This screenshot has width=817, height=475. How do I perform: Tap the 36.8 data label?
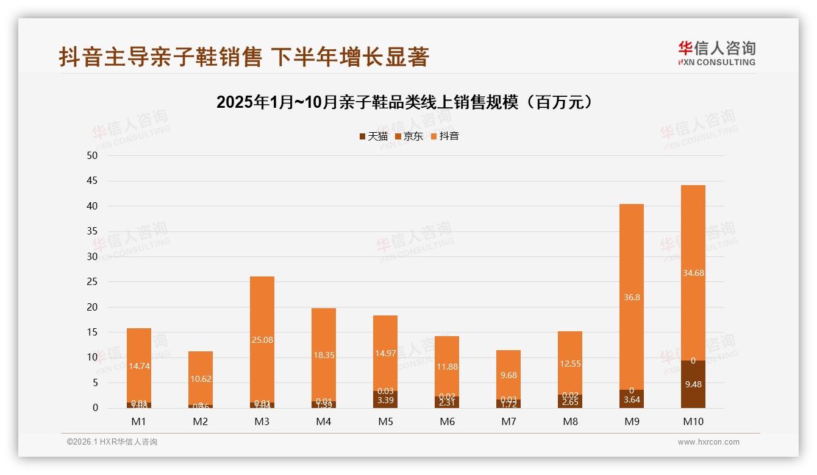coord(632,297)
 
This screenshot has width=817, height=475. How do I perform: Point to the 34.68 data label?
coord(693,273)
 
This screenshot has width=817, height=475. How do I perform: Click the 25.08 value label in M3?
coord(262,340)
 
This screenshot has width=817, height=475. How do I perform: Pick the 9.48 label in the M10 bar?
coord(693,384)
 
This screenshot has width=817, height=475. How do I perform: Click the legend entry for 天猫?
coord(373,136)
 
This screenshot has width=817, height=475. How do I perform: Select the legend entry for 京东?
coord(409,136)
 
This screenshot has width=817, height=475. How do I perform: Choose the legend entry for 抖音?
coord(444,136)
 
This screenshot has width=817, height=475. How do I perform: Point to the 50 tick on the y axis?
coord(92,155)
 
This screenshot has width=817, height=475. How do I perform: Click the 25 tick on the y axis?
coord(92,282)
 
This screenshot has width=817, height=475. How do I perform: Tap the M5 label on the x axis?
coord(385,421)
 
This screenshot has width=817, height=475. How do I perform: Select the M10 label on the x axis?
coord(693,421)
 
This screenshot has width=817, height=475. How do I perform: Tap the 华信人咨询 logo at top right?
coord(716,53)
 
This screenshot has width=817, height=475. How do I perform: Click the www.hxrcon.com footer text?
coord(708,442)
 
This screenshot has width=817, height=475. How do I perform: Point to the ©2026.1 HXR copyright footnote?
coord(112,442)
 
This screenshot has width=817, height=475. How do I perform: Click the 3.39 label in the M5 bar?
coord(385,400)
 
